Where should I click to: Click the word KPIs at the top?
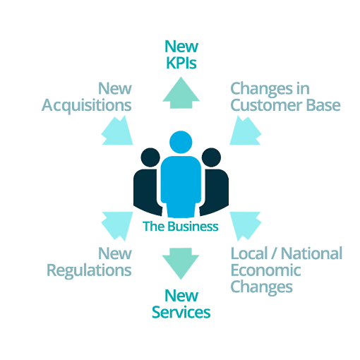(181, 63)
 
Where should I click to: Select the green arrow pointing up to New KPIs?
(181, 93)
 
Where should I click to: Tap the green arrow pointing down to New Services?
(181, 263)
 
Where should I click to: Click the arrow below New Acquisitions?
(118, 131)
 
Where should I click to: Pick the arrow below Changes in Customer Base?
(245, 131)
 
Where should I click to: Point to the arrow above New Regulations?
(118, 226)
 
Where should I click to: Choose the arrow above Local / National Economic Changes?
(245, 226)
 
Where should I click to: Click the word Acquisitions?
(87, 105)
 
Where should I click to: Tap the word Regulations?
(89, 270)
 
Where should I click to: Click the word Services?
(181, 313)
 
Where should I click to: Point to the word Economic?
(266, 270)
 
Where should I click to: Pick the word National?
(312, 253)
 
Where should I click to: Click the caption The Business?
(181, 227)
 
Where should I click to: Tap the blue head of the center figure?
(181, 142)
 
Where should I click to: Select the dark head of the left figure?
(150, 157)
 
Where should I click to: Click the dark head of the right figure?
(211, 157)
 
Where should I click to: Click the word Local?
(249, 253)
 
